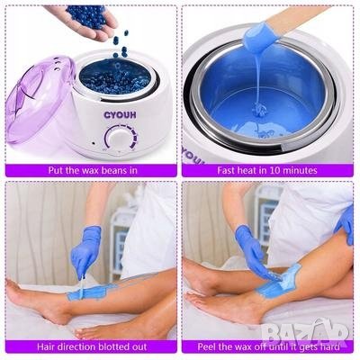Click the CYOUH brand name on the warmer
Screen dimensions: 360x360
[120, 115]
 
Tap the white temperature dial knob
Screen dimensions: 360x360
[118, 140]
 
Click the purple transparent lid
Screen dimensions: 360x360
[38, 97]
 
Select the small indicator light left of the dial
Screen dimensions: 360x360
[94, 143]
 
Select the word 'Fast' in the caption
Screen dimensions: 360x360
[227, 170]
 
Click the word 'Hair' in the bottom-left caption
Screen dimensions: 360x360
[47, 347]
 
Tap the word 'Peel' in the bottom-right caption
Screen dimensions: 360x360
[207, 347]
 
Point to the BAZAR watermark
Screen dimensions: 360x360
[303, 329]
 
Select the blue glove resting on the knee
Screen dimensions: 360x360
[346, 222]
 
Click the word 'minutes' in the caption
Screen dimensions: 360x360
[299, 170]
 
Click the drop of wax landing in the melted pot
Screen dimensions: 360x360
[257, 107]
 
